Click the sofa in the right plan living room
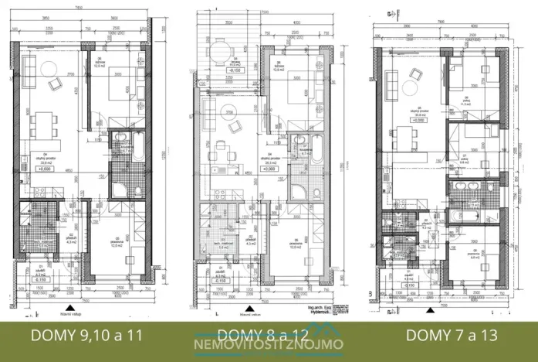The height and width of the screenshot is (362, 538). tap(387, 84)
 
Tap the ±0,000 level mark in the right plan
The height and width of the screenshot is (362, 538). tap(418, 121)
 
